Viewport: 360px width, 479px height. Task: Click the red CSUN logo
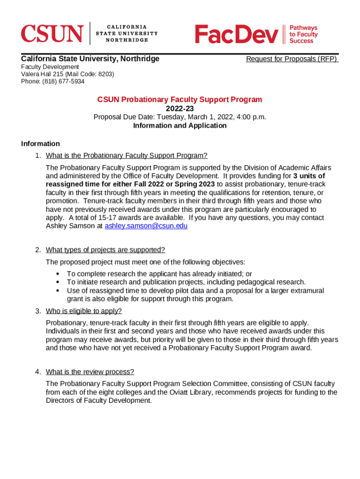point(52,33)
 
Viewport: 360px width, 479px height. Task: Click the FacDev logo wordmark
point(236,34)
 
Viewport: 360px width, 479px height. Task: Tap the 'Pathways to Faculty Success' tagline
point(303,34)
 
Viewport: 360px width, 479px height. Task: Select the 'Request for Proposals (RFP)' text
point(291,59)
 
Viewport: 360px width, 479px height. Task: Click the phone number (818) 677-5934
point(53,81)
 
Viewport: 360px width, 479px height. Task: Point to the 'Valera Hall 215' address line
point(67,74)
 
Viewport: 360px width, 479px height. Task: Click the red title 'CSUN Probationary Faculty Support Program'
point(180,100)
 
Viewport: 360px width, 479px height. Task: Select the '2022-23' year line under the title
point(180,109)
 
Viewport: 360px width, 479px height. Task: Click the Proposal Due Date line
point(180,117)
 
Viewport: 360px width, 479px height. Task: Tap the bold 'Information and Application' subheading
point(180,125)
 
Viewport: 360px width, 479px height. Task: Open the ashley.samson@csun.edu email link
point(146,226)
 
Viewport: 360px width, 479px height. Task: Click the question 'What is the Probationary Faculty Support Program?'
point(126,155)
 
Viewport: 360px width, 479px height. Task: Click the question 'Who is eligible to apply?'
point(84,311)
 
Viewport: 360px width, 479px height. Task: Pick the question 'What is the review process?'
point(90,372)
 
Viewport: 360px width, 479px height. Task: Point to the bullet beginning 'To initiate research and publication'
point(186,282)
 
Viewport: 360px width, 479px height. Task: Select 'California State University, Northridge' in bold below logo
point(90,58)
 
